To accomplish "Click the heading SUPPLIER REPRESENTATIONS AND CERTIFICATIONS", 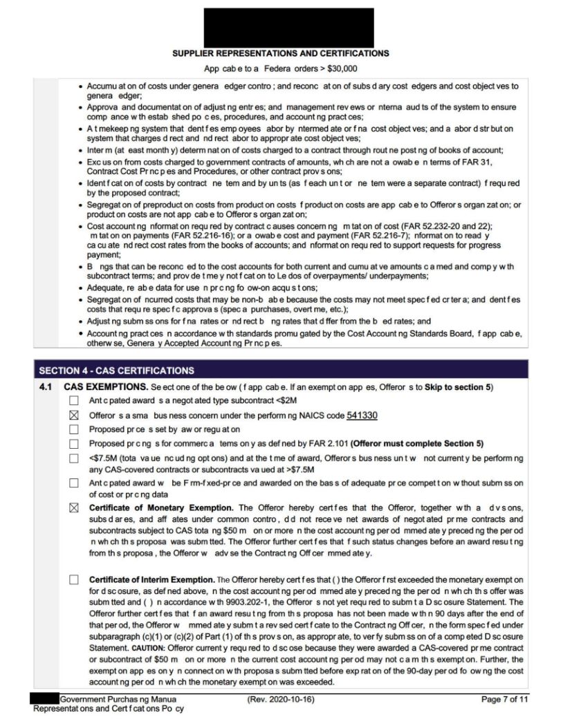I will (x=280, y=53).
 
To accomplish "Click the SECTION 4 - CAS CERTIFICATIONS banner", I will (x=117, y=371).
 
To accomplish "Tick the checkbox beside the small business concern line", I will (x=74, y=415).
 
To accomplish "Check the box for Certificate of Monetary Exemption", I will (x=74, y=509).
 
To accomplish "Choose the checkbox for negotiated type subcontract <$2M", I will (x=74, y=400).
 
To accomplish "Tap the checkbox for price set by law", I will (x=74, y=429).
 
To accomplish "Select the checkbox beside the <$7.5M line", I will (x=74, y=458).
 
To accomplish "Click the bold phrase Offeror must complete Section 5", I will (x=419, y=443).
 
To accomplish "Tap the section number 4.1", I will (x=46, y=386).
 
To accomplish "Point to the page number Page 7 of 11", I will (x=504, y=699).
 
